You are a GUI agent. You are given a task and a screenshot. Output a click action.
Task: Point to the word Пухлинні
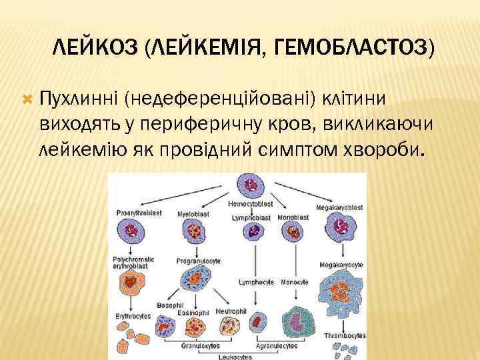pyautogui.click(x=78, y=99)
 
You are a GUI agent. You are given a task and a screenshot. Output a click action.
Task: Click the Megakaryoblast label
pyautogui.click(x=341, y=208)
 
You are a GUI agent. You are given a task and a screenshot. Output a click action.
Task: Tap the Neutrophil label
pyautogui.click(x=232, y=311)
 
